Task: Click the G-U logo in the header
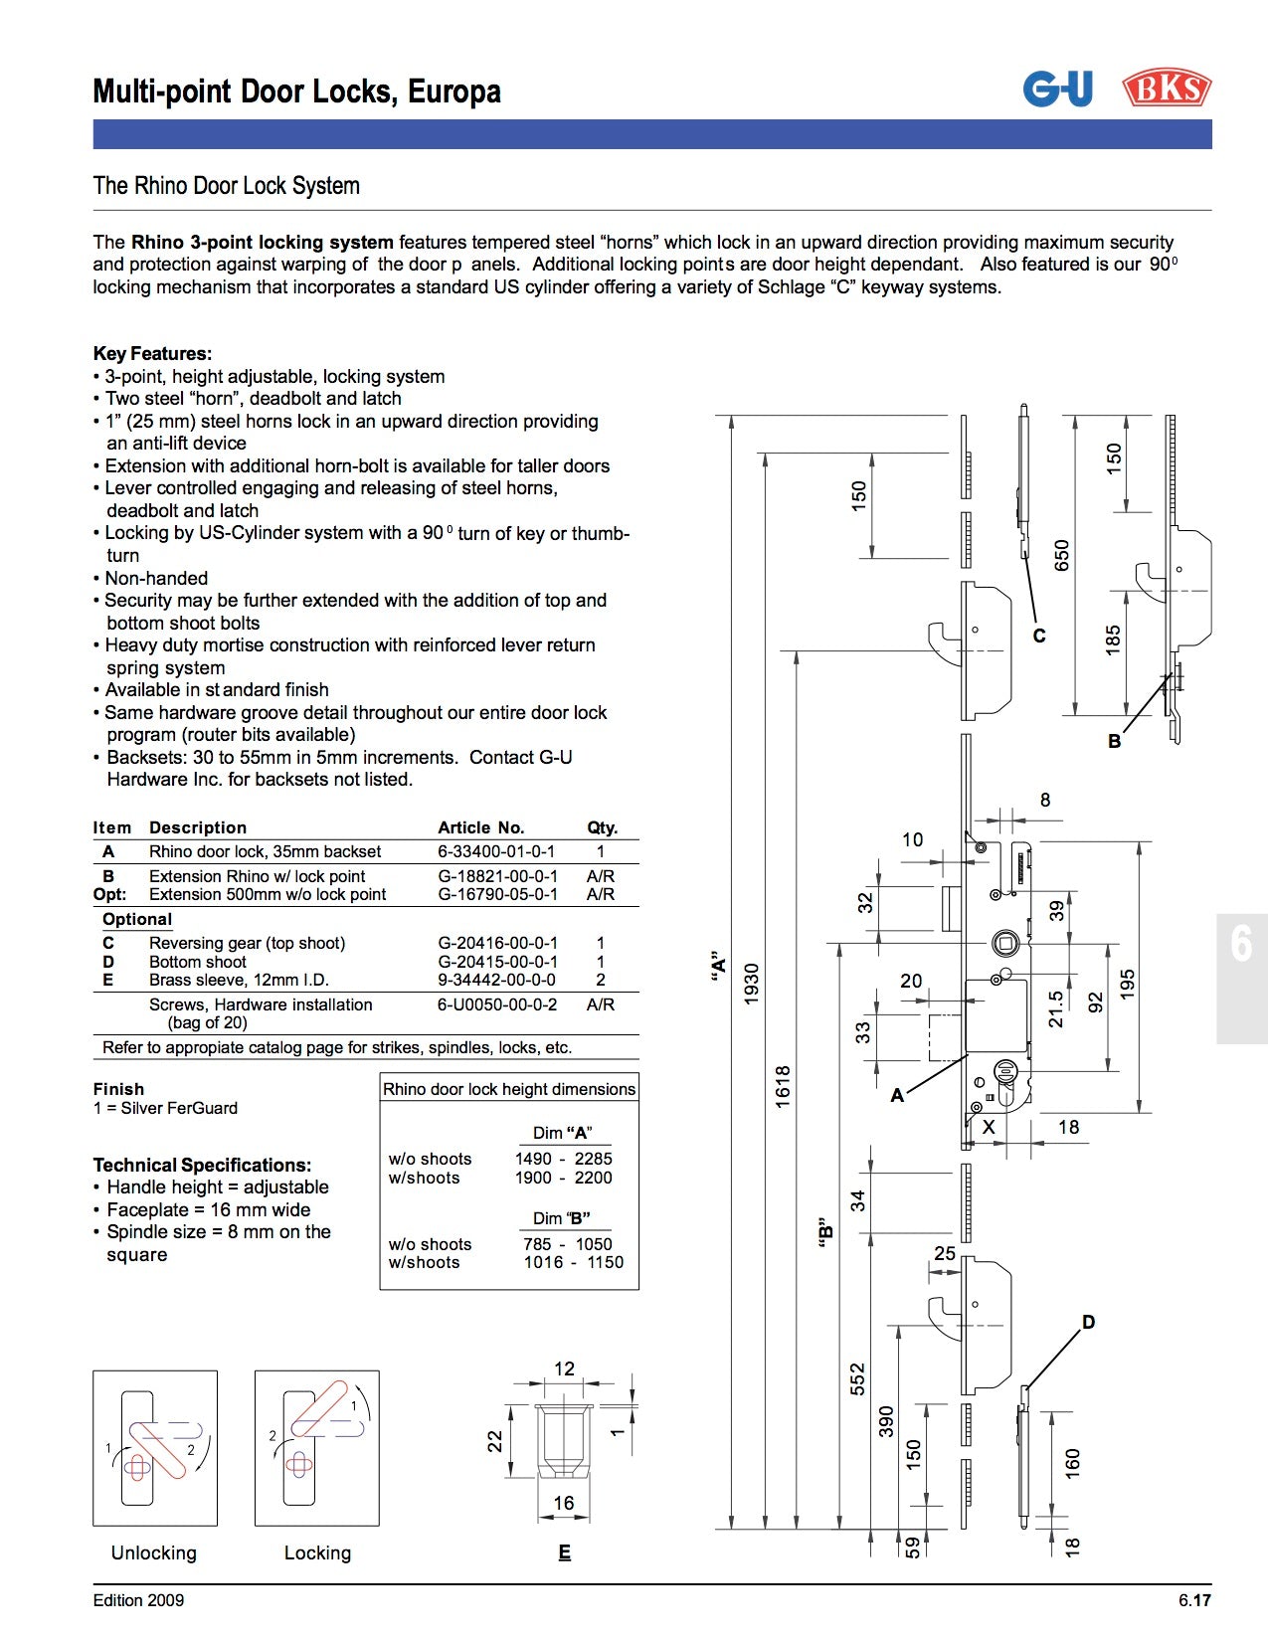tap(1057, 89)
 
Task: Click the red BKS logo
tap(1167, 89)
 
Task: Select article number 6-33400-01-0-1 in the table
tap(496, 851)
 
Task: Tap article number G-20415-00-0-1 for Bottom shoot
tap(497, 962)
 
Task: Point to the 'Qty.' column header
tap(602, 827)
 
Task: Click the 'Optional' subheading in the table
tap(137, 919)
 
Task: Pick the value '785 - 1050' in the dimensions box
tap(567, 1244)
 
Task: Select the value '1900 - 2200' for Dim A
tap(563, 1178)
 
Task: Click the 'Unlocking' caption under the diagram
tap(154, 1552)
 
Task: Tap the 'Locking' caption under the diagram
tap(317, 1552)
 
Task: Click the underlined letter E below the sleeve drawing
tap(564, 1552)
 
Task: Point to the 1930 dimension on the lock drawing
tap(752, 983)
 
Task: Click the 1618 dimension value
tap(784, 1085)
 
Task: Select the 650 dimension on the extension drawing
tap(1061, 555)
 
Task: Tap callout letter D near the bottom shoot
tap(1088, 1322)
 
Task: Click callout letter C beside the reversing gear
tap(1039, 636)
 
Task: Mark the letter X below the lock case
tap(988, 1127)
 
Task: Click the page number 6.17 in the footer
tap(1194, 1600)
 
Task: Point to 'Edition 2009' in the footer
tap(138, 1600)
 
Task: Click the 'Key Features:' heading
tap(152, 353)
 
